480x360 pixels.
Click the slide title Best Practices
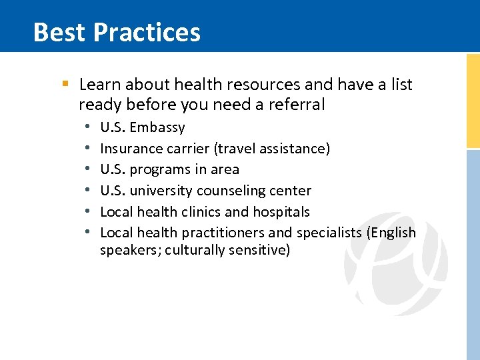pos(117,32)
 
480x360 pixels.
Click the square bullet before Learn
pos(65,85)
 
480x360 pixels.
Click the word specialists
pos(329,233)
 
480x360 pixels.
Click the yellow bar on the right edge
pos(473,100)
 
